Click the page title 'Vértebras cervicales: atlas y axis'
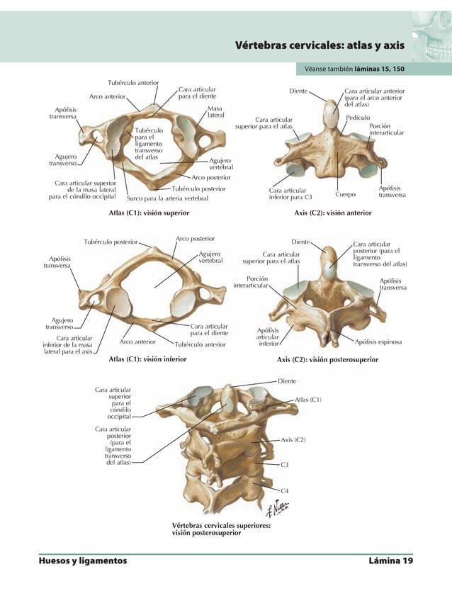coord(320,45)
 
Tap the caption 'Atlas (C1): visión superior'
coord(147,212)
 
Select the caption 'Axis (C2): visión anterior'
coord(333,212)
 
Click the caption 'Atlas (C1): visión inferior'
coord(147,359)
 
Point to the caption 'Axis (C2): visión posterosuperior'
coord(328,359)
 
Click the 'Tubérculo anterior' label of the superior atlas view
coord(133,84)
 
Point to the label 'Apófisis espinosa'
coord(378,342)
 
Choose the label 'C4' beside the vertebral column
coord(284,490)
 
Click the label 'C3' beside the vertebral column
coord(284,465)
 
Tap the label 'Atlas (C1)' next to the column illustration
coord(308,400)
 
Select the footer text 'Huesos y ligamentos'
coord(83,561)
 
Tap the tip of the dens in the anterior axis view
coord(331,104)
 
